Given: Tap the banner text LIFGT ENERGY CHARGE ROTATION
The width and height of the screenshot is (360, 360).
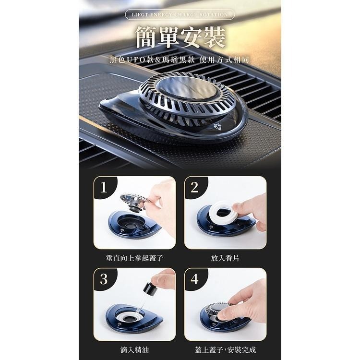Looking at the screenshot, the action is click(x=180, y=15).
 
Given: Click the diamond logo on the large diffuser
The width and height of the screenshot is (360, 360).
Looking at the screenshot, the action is click(x=217, y=126).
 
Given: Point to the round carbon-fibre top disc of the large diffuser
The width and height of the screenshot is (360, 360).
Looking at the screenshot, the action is click(x=187, y=88).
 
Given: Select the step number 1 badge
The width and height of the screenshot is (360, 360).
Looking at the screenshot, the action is click(x=104, y=187).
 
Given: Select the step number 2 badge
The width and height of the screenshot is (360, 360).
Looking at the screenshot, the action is click(x=194, y=187).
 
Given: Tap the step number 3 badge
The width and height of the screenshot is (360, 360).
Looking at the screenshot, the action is click(x=104, y=279).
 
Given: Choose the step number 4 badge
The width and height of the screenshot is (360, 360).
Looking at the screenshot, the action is click(x=194, y=279).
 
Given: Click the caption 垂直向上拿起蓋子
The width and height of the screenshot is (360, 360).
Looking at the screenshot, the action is click(x=134, y=258).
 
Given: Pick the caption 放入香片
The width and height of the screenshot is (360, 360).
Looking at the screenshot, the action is click(x=225, y=258).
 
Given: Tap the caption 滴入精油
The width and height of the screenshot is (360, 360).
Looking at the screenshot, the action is click(x=134, y=350).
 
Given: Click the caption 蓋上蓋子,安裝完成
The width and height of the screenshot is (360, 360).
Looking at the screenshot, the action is click(x=225, y=350).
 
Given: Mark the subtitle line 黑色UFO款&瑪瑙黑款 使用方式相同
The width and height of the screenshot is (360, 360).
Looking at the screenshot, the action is click(x=180, y=60).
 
